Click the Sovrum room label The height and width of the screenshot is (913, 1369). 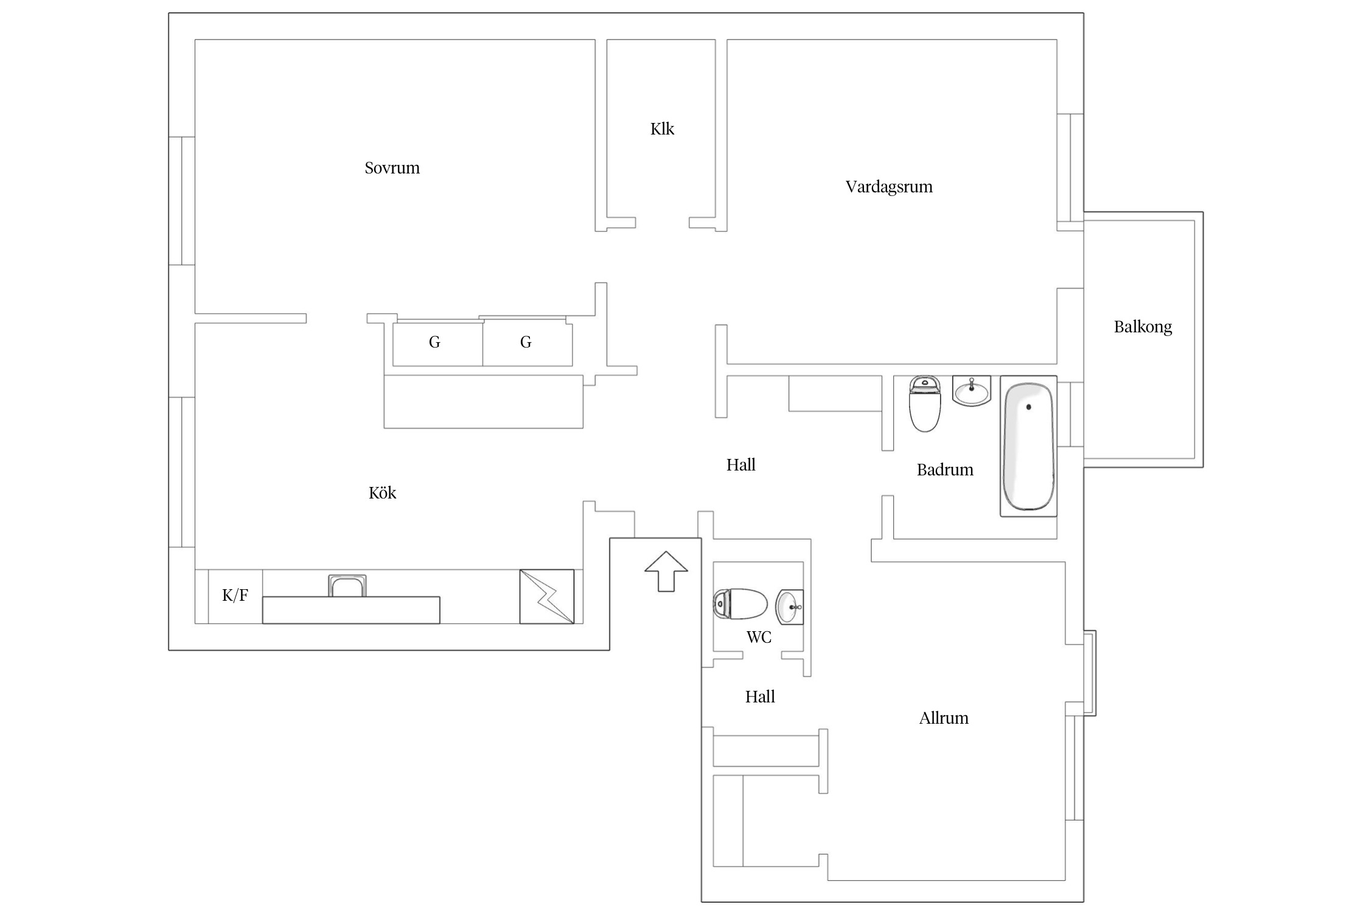(x=392, y=168)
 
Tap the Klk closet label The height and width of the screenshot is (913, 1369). (x=662, y=129)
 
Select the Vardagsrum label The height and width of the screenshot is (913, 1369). (x=889, y=187)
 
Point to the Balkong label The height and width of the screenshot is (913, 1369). (x=1143, y=327)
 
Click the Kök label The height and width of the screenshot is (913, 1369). (x=382, y=492)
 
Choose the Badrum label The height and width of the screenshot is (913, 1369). (x=945, y=470)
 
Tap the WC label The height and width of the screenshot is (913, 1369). (x=759, y=637)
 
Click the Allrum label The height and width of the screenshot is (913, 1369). (x=944, y=718)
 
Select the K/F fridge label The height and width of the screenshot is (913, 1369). (x=235, y=595)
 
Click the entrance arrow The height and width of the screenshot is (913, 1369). (x=666, y=572)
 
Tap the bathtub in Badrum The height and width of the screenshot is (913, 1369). (x=1028, y=446)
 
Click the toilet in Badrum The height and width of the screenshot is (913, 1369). (x=925, y=404)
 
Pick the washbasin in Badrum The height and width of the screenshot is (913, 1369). (x=972, y=391)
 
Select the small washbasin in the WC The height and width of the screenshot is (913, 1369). (x=789, y=607)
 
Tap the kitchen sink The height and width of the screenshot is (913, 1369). (x=347, y=586)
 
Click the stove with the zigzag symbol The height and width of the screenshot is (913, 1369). (x=546, y=596)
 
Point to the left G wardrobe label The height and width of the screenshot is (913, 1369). (x=434, y=343)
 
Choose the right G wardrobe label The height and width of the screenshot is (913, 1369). (x=526, y=343)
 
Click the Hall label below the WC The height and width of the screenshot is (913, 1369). (x=760, y=697)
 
